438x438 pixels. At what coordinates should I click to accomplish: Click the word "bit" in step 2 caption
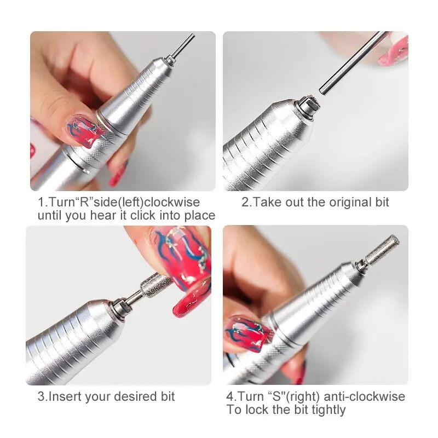381,203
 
